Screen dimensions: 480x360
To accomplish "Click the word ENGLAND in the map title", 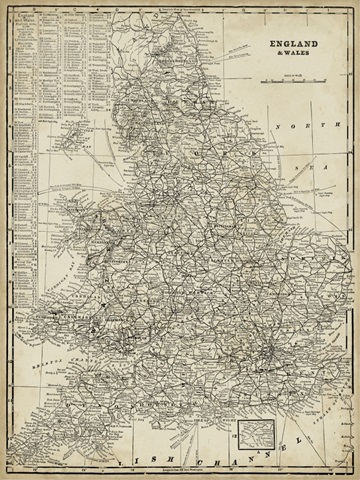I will pyautogui.click(x=290, y=45).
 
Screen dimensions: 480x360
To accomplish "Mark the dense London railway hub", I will pyautogui.click(x=262, y=349).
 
